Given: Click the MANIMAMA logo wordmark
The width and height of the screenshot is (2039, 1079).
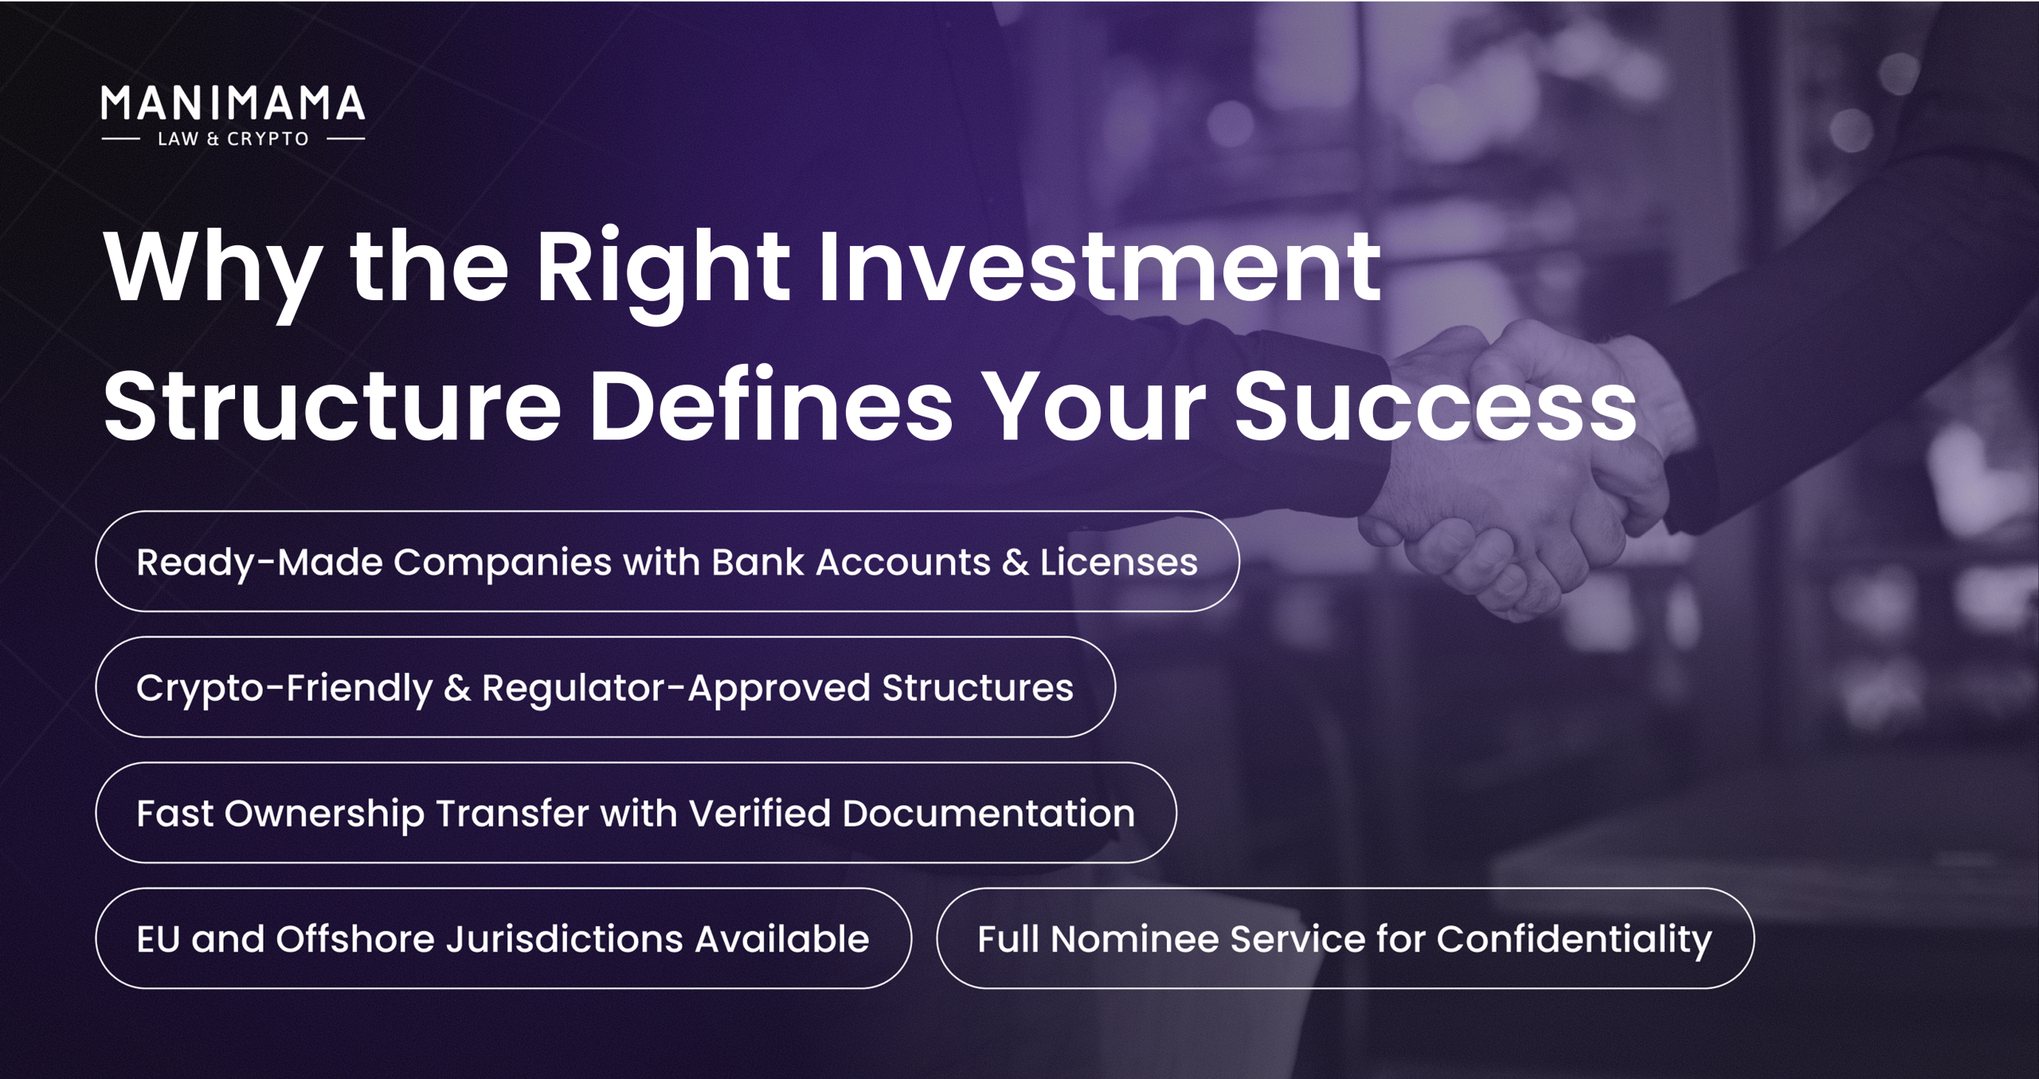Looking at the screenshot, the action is [x=233, y=104].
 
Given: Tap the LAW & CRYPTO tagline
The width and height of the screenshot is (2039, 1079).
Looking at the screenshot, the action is [x=233, y=139].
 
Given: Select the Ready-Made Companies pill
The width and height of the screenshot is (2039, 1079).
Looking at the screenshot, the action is [x=667, y=561].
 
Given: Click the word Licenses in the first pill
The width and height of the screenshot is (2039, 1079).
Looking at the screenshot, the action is [x=1118, y=561].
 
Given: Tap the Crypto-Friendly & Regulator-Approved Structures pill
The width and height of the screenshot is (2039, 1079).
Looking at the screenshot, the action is [x=605, y=687].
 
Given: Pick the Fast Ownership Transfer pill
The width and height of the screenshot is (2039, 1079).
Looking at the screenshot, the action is [x=636, y=813].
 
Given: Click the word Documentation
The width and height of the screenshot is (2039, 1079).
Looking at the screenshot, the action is [x=988, y=813].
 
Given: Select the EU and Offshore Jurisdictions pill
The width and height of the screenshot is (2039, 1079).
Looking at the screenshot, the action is [x=503, y=939].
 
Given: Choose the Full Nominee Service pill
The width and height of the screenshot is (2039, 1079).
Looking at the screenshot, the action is [x=1345, y=939].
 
